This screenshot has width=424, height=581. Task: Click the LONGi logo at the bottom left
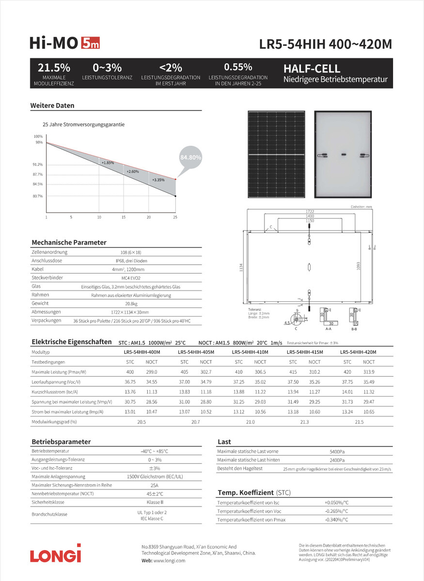[56, 553]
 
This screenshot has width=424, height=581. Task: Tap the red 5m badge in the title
[91, 44]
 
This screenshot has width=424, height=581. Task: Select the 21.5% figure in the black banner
[54, 68]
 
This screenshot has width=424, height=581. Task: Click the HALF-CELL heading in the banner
[312, 69]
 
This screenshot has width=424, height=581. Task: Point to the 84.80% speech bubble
[190, 158]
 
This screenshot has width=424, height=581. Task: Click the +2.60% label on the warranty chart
[132, 171]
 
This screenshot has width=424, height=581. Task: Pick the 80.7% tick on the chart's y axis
[38, 196]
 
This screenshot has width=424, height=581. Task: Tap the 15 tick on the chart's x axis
[124, 217]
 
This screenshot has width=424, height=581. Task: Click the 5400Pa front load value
[337, 451]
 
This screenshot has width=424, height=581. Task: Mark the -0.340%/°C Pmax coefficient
[336, 520]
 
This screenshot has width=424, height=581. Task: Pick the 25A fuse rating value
[155, 485]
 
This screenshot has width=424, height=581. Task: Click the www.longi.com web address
[170, 560]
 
